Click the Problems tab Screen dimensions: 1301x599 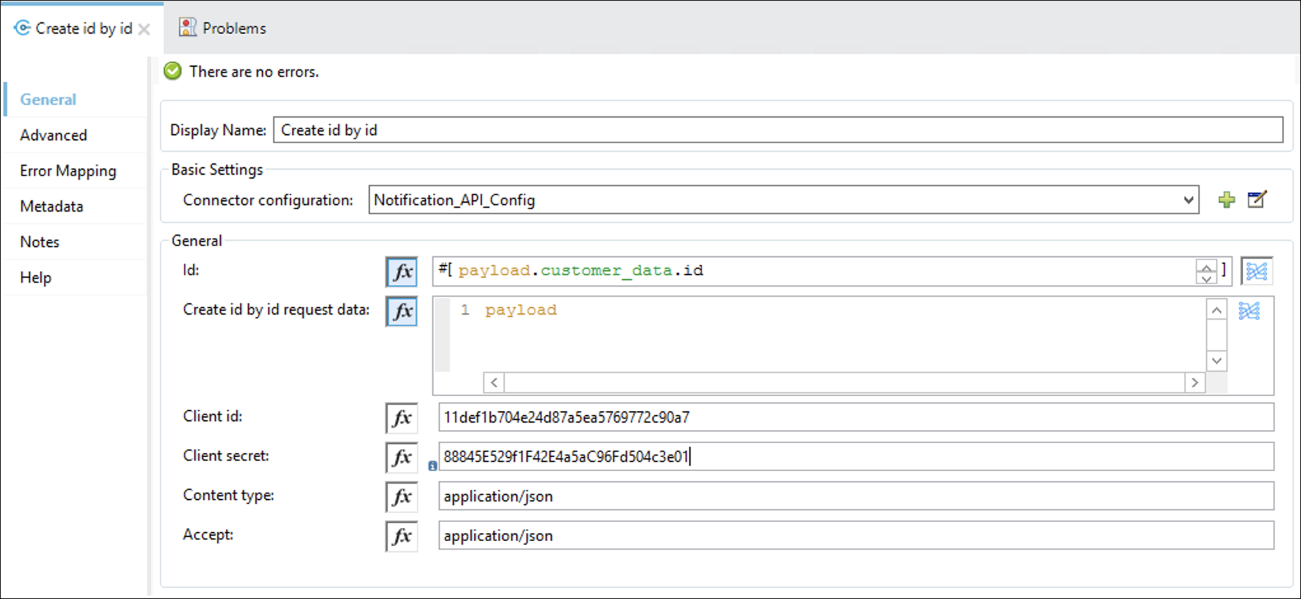click(x=223, y=28)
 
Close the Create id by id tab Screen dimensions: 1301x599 click(x=144, y=29)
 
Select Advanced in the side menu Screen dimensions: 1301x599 click(x=53, y=135)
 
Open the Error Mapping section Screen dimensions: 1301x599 click(x=68, y=171)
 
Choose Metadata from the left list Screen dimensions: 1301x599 click(x=52, y=206)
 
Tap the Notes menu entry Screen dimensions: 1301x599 click(x=39, y=242)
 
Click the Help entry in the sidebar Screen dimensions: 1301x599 click(x=36, y=277)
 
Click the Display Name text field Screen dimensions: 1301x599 click(x=778, y=130)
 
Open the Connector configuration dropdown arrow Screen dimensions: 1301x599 click(x=1188, y=200)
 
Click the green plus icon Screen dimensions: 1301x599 click(x=1227, y=200)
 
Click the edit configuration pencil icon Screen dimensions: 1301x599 click(x=1257, y=200)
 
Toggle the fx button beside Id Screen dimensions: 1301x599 click(x=402, y=272)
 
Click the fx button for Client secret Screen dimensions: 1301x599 click(x=402, y=457)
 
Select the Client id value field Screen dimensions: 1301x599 click(x=856, y=417)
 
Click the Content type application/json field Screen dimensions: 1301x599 click(x=856, y=496)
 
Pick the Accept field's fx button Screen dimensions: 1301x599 click(x=402, y=536)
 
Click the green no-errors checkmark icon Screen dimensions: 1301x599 click(x=172, y=71)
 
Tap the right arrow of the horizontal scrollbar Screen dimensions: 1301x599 click(x=1195, y=382)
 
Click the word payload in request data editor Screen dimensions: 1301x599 click(x=521, y=310)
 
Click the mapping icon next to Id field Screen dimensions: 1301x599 click(x=1256, y=272)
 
